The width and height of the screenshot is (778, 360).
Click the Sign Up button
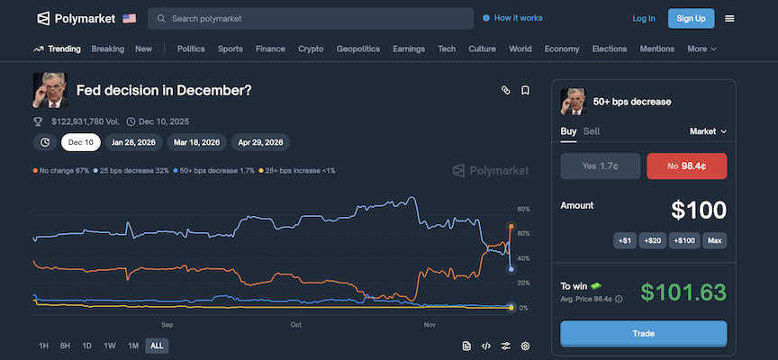pyautogui.click(x=692, y=18)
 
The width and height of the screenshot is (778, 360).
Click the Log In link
pyautogui.click(x=644, y=18)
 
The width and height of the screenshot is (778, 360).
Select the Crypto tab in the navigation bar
pyautogui.click(x=311, y=49)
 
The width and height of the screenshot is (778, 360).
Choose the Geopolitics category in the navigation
pyautogui.click(x=357, y=49)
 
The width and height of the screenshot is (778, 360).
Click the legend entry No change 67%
pyautogui.click(x=61, y=170)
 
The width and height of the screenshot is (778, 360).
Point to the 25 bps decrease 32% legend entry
pyautogui.click(x=131, y=170)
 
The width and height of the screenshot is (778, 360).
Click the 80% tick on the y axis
pyautogui.click(x=524, y=210)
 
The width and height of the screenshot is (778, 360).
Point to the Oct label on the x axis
pyautogui.click(x=296, y=324)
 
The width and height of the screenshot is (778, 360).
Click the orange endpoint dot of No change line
pyautogui.click(x=511, y=226)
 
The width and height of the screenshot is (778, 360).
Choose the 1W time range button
pyautogui.click(x=110, y=346)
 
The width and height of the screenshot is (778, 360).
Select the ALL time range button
pyautogui.click(x=157, y=346)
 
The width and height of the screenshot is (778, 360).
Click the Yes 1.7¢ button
pyautogui.click(x=601, y=166)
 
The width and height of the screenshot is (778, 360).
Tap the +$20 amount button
pyautogui.click(x=655, y=240)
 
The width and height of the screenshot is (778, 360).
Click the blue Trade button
pyautogui.click(x=643, y=333)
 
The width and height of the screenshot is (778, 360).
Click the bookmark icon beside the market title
pyautogui.click(x=526, y=90)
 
